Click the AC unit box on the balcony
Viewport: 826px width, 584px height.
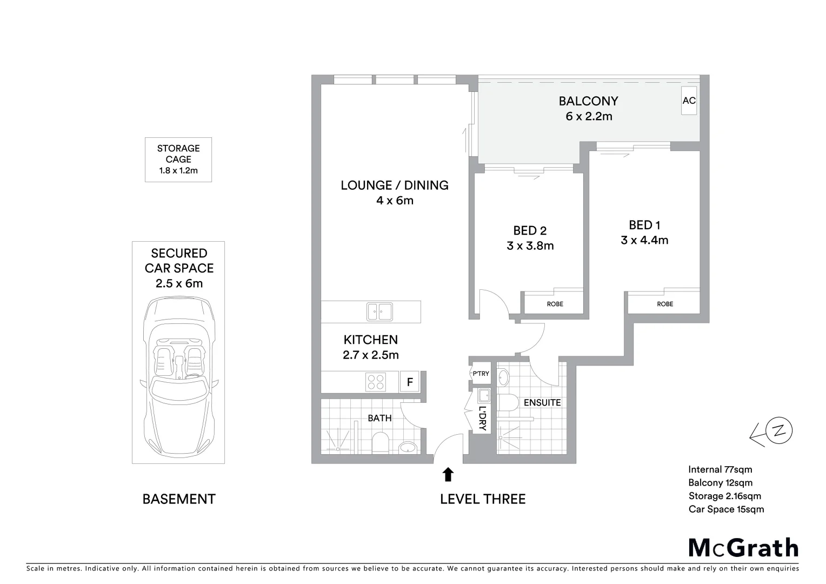click(689, 101)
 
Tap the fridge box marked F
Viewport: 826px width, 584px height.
click(410, 382)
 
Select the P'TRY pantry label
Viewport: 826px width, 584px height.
click(481, 374)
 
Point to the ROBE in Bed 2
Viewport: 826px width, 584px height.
click(555, 304)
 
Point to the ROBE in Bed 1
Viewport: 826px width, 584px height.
click(665, 304)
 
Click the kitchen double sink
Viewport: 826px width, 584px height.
click(379, 311)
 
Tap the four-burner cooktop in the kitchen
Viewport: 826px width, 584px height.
click(376, 382)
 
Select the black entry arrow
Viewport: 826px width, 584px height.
click(448, 475)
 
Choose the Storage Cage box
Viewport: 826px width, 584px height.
click(178, 160)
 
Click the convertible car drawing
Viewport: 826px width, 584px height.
click(179, 379)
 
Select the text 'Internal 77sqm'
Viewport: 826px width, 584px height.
click(720, 469)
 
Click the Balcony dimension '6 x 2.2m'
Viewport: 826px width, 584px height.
click(589, 116)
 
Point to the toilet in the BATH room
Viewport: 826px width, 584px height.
click(381, 442)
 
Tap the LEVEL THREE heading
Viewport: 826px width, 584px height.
click(482, 499)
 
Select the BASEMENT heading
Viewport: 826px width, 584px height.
click(179, 499)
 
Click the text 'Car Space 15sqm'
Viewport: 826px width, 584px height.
click(726, 509)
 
